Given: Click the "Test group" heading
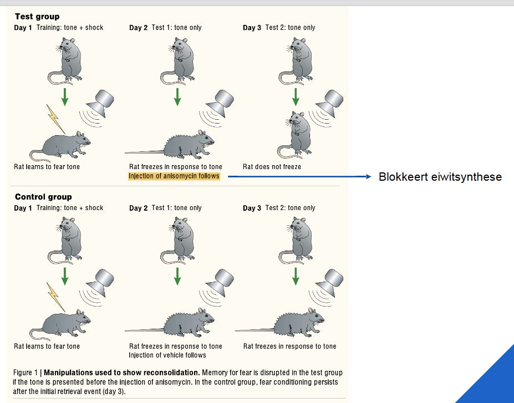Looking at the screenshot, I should click(37, 17).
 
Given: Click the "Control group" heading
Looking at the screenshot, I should click(43, 197).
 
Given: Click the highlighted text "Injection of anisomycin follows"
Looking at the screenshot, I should click(174, 176).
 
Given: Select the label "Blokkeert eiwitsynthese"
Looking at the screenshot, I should click(440, 177).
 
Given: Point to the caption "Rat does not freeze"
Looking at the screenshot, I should click(272, 166).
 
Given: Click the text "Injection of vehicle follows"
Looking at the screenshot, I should click(167, 355).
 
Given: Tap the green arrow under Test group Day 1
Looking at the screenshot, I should click(65, 96).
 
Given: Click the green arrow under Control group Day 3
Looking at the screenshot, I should click(295, 276).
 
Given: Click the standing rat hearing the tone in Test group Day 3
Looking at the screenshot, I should click(297, 133).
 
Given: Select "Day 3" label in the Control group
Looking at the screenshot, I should click(252, 208).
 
